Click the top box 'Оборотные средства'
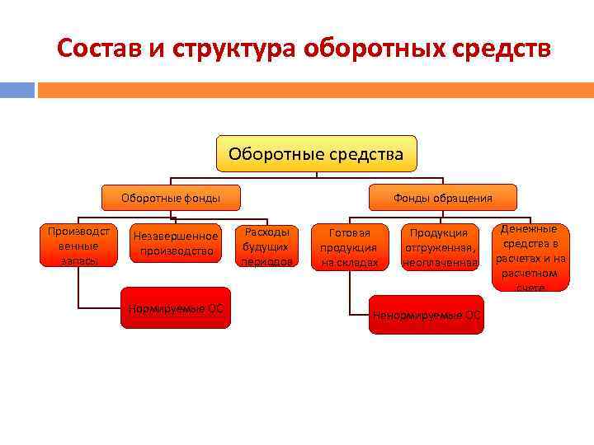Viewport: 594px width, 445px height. (x=316, y=154)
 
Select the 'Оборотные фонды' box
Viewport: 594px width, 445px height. (x=171, y=198)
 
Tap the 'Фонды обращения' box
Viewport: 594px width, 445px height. (x=442, y=198)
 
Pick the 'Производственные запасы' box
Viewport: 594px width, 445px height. (x=73, y=245)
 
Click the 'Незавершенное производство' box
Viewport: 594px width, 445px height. (x=176, y=243)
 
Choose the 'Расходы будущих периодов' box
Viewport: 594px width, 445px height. (x=266, y=246)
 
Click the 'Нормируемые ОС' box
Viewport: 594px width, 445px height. (x=176, y=307)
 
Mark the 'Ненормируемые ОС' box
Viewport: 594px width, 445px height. (x=426, y=314)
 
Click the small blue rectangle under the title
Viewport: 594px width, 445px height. (x=17, y=89)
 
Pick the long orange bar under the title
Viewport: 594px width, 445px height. (x=314, y=89)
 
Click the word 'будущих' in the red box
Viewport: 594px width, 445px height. (x=266, y=246)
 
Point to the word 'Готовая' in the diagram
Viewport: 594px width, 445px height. (x=350, y=233)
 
